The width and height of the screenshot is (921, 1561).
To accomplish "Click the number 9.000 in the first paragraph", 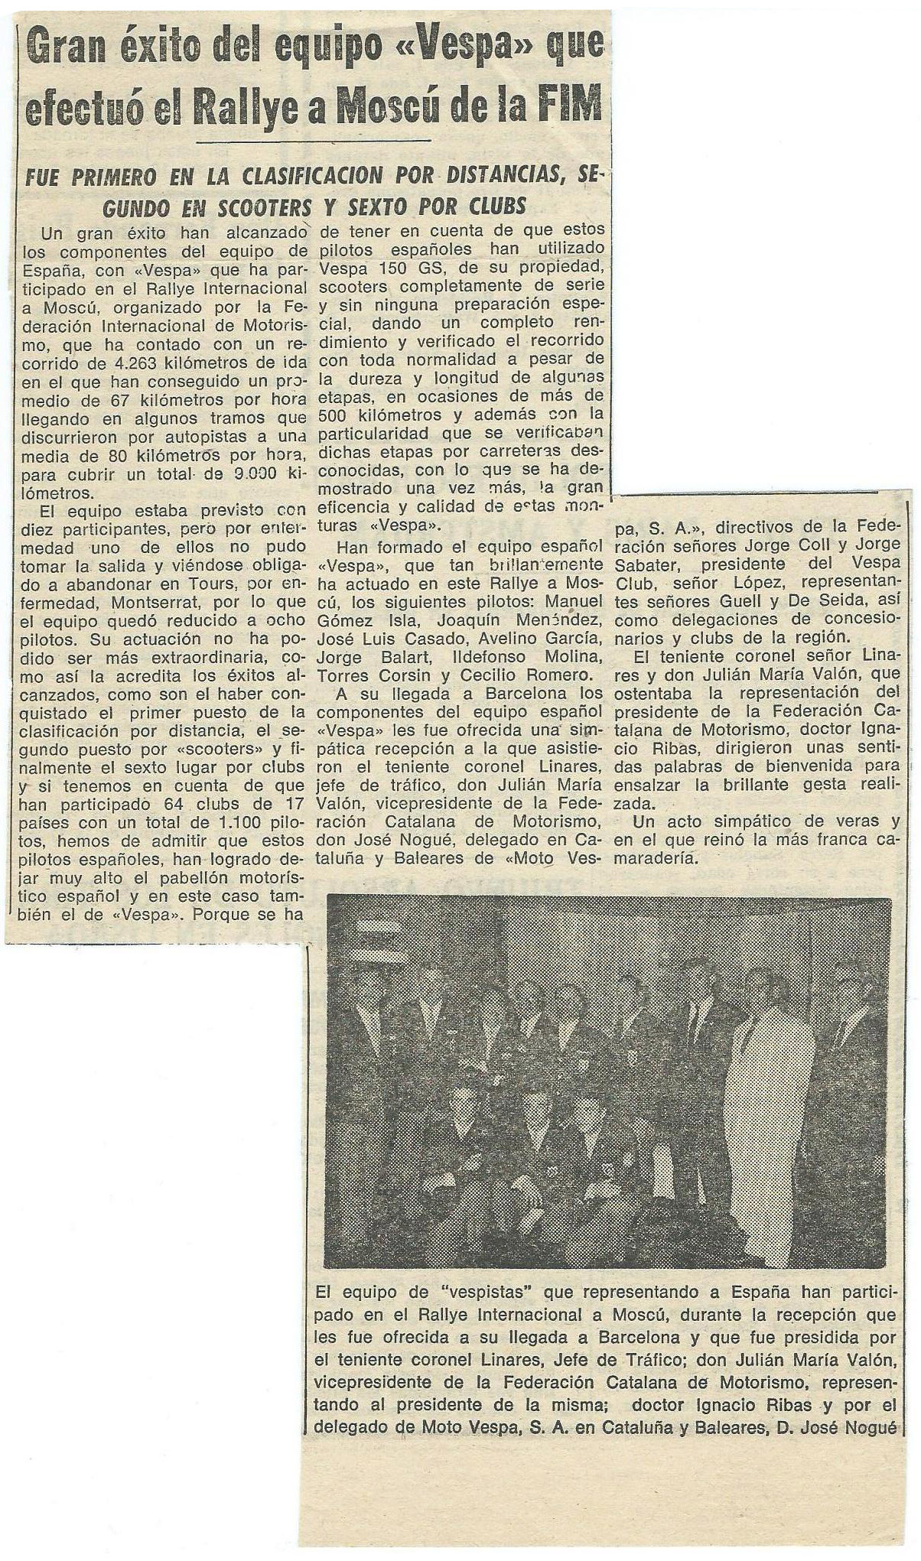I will (x=239, y=473).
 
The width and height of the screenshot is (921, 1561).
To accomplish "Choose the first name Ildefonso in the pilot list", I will (x=477, y=657).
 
